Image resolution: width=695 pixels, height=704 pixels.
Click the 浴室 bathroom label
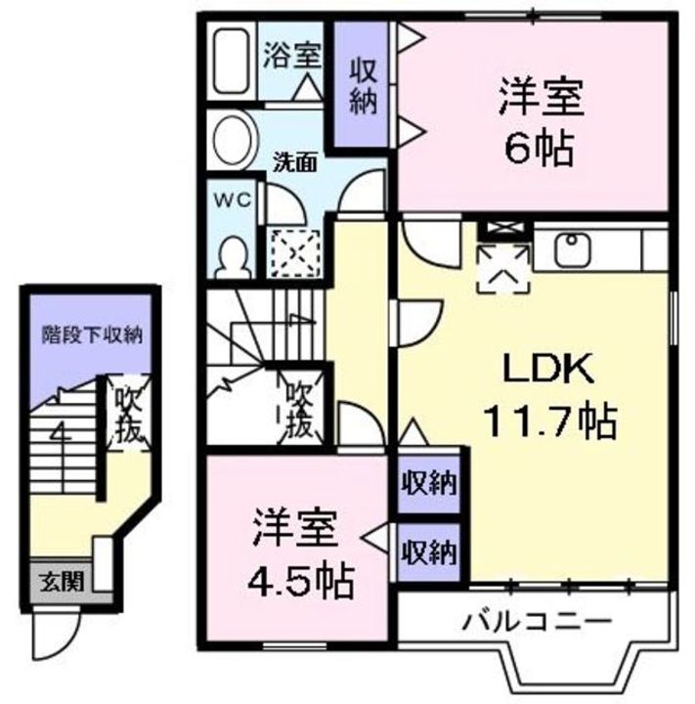[291, 55]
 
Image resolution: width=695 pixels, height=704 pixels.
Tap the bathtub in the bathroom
[232, 62]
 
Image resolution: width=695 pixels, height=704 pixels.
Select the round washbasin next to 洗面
[234, 136]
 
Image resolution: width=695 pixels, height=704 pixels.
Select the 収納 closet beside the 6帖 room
[364, 85]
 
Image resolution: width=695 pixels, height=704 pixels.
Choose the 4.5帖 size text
[299, 583]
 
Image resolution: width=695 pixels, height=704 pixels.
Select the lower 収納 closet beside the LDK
[432, 553]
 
